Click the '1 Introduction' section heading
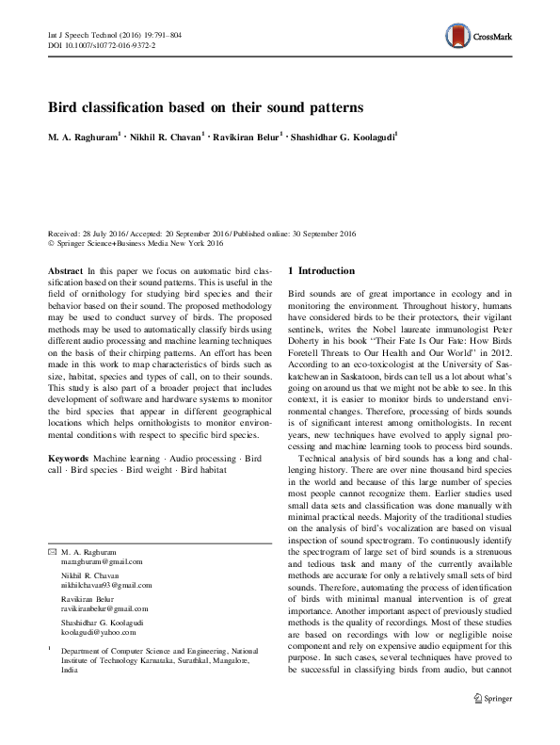coord(321,271)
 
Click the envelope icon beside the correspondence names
coord(51,550)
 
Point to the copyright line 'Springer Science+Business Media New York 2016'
coord(140,242)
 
